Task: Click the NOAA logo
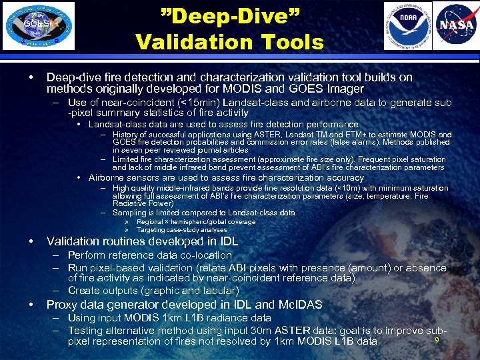tap(407, 25)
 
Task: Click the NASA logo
tap(455, 25)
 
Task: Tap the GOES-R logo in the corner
tap(39, 25)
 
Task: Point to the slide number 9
tap(437, 341)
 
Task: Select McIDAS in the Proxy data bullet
tap(299, 305)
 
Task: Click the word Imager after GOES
tap(346, 88)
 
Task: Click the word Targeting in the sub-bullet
tap(152, 230)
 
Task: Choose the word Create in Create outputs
tap(84, 291)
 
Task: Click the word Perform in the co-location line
tap(88, 255)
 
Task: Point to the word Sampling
tap(132, 213)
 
